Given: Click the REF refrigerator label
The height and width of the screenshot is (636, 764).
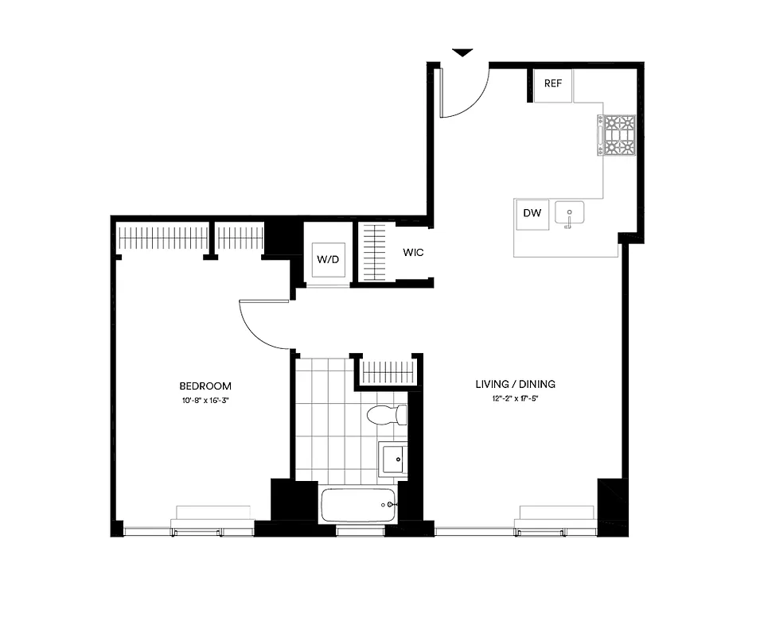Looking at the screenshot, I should click(553, 83).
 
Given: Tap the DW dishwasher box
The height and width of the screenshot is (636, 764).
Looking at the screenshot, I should click(532, 213).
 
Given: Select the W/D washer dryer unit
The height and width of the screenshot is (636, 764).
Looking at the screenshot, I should click(326, 260).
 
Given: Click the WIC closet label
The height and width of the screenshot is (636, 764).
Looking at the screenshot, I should click(413, 253).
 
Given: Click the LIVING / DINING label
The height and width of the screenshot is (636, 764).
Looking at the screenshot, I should click(515, 384).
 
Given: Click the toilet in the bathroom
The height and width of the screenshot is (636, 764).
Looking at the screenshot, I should click(388, 415).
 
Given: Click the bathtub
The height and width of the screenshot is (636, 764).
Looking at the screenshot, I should click(358, 505).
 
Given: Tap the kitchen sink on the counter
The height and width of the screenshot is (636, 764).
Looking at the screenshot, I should click(569, 213).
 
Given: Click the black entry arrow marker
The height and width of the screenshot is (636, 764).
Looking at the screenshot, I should click(462, 53).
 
